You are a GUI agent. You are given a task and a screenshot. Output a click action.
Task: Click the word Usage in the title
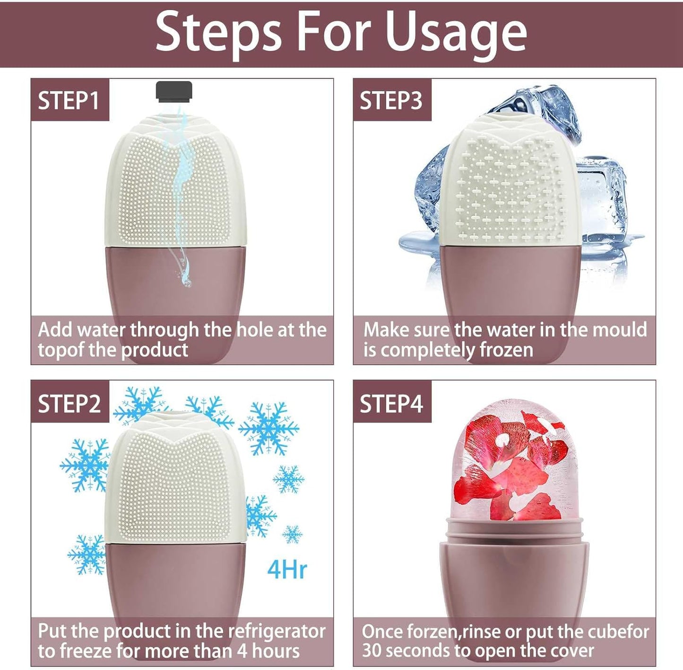click(x=456, y=32)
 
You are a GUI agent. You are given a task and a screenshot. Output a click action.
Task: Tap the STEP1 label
click(x=69, y=101)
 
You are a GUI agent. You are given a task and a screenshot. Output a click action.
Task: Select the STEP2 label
click(x=69, y=404)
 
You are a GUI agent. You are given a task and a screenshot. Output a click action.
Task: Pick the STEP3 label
click(x=391, y=101)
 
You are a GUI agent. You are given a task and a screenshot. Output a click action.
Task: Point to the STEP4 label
click(x=391, y=404)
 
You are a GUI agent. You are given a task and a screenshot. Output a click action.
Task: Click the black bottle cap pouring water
click(x=174, y=91)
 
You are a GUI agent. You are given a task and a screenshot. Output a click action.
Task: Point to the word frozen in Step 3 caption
click(x=506, y=350)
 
